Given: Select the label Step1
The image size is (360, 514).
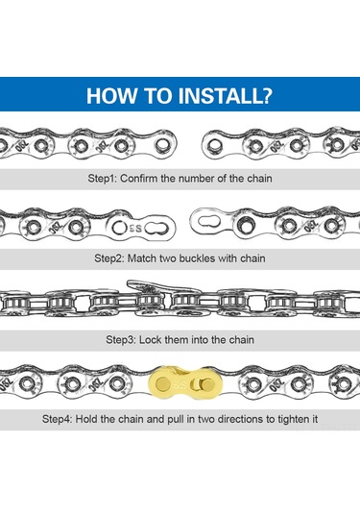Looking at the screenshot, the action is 102,179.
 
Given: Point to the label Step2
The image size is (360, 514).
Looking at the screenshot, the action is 109,258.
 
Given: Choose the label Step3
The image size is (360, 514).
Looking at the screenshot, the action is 121,339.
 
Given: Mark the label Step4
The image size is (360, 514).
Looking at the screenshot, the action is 57,419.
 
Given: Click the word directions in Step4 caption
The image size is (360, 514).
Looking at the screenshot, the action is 241,419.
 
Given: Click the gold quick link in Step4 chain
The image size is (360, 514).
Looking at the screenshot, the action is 185,383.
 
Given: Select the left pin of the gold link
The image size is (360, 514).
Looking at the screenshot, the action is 163,383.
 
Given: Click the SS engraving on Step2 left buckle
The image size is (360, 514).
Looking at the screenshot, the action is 136,228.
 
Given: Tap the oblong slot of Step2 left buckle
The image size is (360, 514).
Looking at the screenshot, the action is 156,228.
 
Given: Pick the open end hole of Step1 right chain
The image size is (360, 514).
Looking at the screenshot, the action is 214,144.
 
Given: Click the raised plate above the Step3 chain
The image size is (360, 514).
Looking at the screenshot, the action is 163,287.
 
